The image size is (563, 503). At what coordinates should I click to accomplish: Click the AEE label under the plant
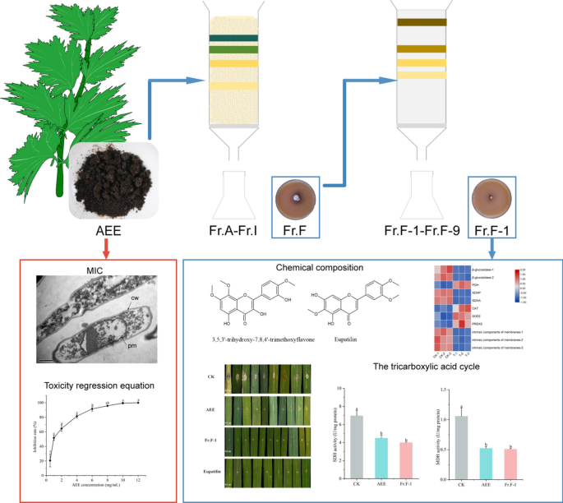click(103, 230)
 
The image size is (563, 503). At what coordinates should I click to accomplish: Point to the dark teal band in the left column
click(233, 39)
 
